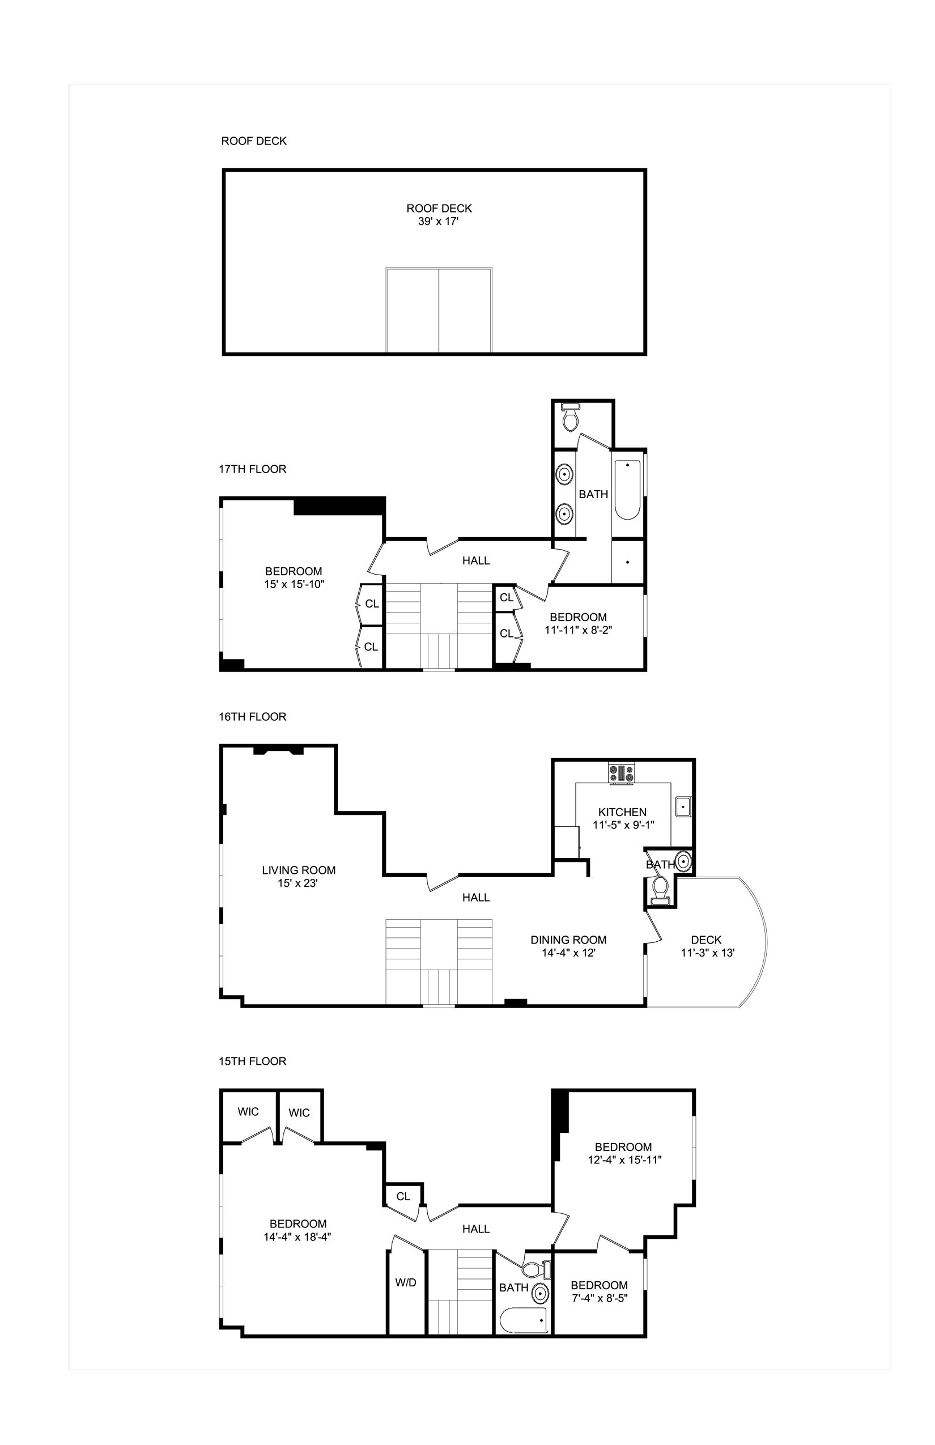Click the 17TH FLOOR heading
point(252,469)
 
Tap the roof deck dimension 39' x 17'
point(439,222)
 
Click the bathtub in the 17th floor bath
point(627,490)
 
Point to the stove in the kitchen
point(622,773)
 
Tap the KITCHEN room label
point(622,811)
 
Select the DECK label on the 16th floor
point(706,940)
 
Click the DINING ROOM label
point(568,940)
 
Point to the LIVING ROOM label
point(299,870)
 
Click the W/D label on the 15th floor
point(406,1282)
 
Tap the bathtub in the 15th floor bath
point(525,1320)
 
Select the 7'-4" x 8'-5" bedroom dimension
point(600,1298)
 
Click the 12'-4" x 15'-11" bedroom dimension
point(624,1159)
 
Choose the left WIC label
point(248,1112)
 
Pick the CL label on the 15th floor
point(403,1196)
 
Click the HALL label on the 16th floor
point(476,898)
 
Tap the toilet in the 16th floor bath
point(658,889)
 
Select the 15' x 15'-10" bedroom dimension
point(295,584)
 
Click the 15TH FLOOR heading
point(252,1061)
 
